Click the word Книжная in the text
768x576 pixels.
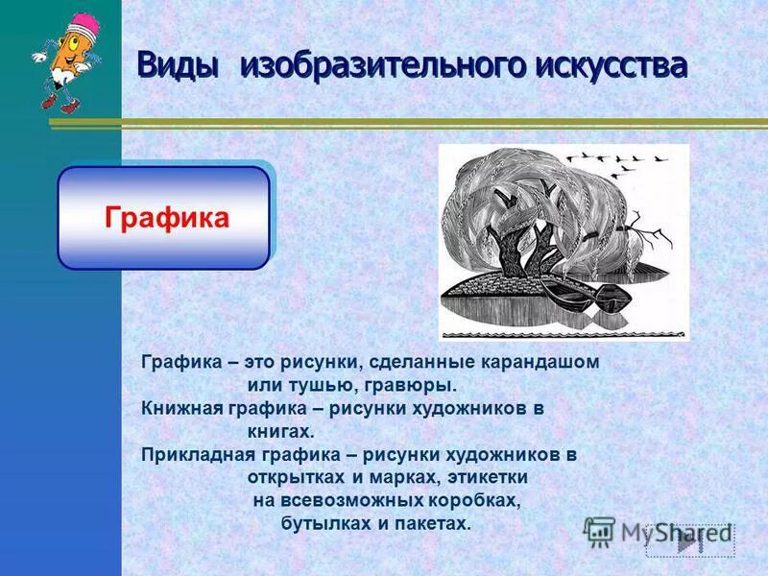pyautogui.click(x=182, y=408)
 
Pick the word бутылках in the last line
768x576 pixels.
pyautogui.click(x=323, y=523)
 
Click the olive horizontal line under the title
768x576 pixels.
pyautogui.click(x=442, y=121)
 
